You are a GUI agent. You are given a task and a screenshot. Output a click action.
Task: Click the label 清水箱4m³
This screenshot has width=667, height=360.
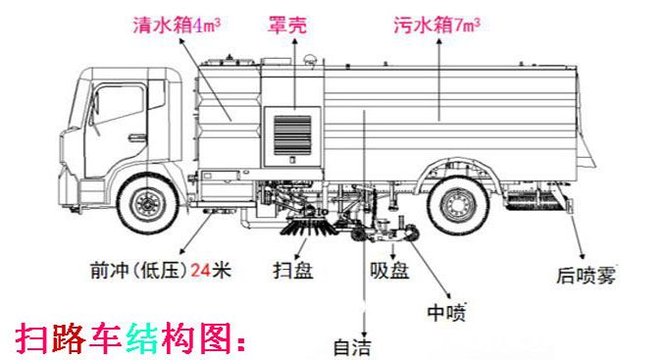pos(177,25)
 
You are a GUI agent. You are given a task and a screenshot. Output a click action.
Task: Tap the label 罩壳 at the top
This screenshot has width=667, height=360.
pos(287,25)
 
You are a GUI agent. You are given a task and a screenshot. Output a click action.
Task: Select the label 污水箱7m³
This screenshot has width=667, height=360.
pos(436,25)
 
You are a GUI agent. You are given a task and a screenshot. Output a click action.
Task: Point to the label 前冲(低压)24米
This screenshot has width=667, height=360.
pos(160,270)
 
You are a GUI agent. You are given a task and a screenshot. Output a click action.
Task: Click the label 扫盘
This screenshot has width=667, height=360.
pos(293,270)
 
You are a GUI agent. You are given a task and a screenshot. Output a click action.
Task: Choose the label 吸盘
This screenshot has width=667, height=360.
pos(389,270)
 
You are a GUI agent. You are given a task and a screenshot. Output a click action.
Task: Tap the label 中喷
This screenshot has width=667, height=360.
pos(446,313)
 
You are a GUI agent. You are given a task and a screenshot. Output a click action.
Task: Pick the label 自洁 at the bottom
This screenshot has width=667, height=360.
pos(352,347)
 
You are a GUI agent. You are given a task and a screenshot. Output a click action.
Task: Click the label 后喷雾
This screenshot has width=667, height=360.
pos(587,275)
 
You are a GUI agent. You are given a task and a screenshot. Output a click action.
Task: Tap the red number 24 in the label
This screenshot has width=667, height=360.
pos(200,270)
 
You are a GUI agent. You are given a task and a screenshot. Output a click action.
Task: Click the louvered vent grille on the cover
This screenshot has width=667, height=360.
pos(292,135)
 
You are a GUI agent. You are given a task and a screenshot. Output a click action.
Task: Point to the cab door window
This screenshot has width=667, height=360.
pos(119,105)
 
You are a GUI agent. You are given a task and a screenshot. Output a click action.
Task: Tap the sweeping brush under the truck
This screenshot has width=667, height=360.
pos(307,226)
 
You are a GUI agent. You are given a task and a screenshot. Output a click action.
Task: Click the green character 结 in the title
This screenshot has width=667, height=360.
pos(141,338)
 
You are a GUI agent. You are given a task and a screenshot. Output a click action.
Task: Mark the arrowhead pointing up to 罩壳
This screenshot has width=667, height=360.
pos(294,41)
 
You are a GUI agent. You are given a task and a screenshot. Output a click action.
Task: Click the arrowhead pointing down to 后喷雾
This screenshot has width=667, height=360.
pos(582,254)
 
